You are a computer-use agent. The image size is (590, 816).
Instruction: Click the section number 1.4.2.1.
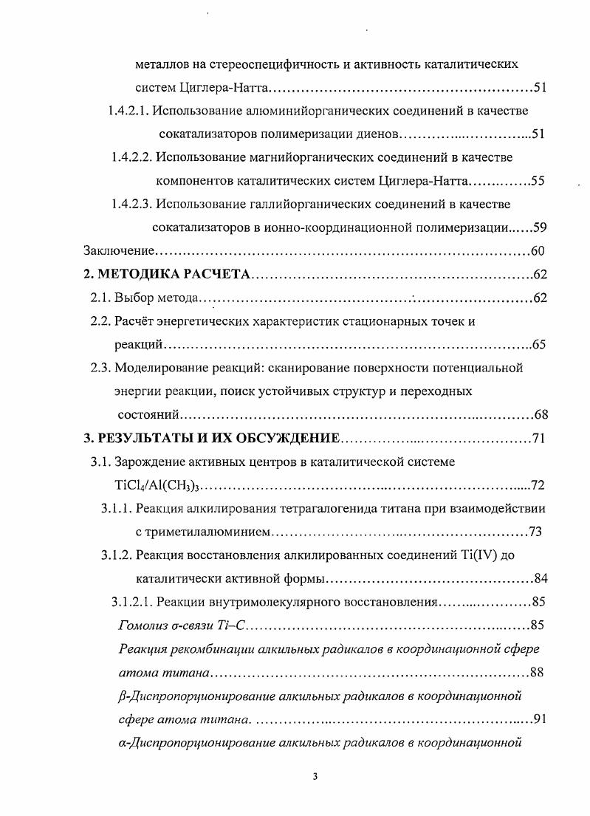[130, 111]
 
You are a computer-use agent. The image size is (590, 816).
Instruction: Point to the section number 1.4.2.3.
[132, 204]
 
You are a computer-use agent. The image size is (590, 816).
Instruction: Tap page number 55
[538, 181]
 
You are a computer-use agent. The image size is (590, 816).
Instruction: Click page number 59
[539, 227]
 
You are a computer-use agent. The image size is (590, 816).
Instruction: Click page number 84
[540, 579]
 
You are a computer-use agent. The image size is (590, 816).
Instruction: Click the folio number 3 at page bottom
[315, 776]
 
